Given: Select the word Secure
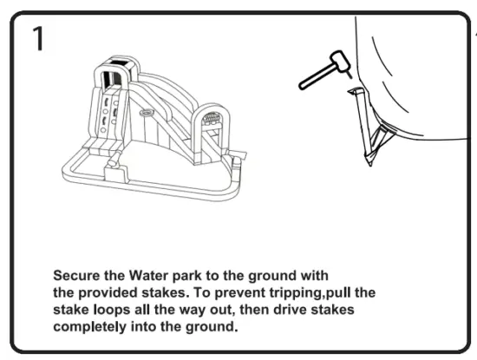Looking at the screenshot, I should pos(77,275).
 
